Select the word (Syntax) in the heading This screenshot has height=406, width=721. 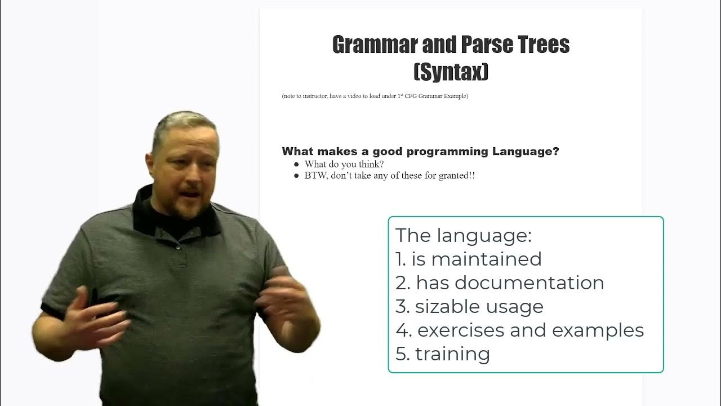[x=451, y=72]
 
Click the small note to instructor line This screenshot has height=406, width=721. [x=375, y=96]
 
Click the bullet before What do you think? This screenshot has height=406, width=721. [x=296, y=164]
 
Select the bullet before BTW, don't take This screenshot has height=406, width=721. [x=296, y=176]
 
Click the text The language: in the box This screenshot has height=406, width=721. [x=463, y=235]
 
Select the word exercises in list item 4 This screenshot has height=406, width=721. [x=460, y=330]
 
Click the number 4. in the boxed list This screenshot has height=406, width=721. [x=403, y=330]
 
